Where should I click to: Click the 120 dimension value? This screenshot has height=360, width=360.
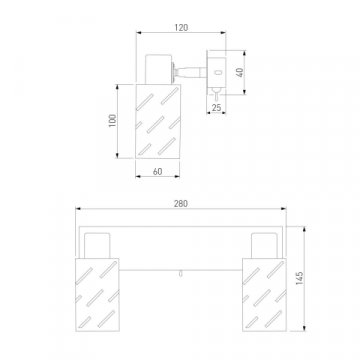[x=181, y=28]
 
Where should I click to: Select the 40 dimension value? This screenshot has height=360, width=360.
[x=240, y=72]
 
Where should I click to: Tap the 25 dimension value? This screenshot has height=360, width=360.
[x=216, y=108]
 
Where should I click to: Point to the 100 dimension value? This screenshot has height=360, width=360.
[x=113, y=121]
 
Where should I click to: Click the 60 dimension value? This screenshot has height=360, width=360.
[x=157, y=172]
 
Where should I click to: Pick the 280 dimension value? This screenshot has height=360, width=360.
[x=181, y=204]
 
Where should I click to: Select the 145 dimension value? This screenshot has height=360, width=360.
[x=299, y=278]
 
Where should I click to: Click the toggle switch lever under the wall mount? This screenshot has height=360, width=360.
[x=216, y=95]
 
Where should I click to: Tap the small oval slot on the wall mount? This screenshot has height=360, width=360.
[x=219, y=72]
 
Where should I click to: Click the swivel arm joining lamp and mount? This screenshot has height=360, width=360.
[x=190, y=72]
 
